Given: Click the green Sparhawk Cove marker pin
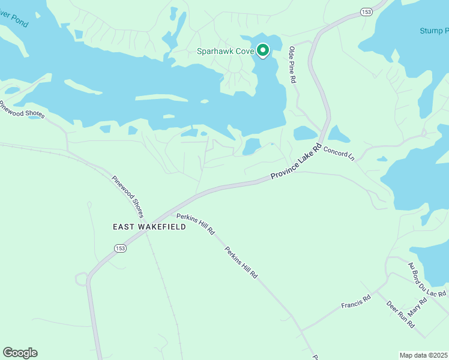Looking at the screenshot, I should (x=262, y=51).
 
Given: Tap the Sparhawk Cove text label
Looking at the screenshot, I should (x=226, y=52).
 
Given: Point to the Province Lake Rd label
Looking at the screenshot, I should (x=296, y=162).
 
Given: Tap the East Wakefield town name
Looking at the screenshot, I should (x=149, y=227).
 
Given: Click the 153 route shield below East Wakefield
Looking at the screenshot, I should (x=121, y=248).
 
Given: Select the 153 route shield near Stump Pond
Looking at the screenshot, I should (x=366, y=12).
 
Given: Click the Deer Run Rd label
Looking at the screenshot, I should (x=400, y=314).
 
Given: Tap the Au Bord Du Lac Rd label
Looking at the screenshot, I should (x=427, y=280).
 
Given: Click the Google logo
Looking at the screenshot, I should (x=20, y=353).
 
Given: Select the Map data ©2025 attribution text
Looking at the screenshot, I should (x=423, y=355).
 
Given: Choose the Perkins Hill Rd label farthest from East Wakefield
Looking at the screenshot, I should (x=241, y=262).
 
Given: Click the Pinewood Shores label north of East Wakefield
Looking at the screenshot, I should (x=128, y=196).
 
